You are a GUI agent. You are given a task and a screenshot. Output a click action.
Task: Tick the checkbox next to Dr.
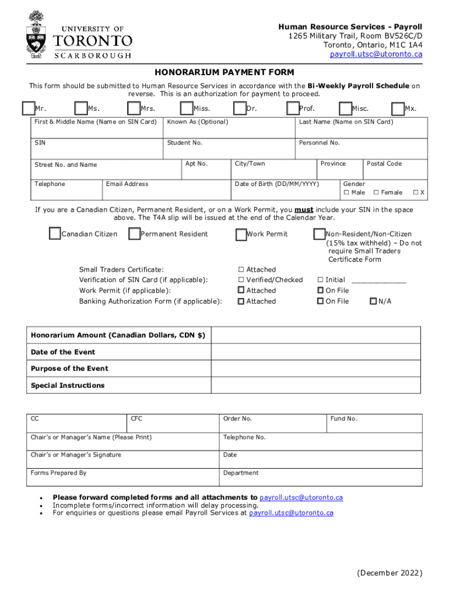tap(240, 108)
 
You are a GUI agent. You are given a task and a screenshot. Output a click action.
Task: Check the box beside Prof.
tap(293, 108)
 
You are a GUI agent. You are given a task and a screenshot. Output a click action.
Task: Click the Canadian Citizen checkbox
tap(55, 234)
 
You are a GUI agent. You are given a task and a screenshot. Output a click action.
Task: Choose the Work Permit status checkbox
tap(241, 234)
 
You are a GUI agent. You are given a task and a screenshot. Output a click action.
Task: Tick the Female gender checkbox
tap(376, 192)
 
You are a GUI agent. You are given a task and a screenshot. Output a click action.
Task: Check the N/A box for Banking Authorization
tap(373, 301)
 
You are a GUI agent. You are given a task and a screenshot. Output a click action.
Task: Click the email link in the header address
tap(376, 54)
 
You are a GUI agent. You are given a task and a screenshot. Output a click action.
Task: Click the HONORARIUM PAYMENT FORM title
tap(224, 72)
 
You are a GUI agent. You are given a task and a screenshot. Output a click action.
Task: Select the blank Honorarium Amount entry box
tap(317, 335)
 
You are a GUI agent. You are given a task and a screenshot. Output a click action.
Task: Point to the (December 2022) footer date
tap(389, 573)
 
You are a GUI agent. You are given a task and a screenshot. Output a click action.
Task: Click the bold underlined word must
tap(304, 210)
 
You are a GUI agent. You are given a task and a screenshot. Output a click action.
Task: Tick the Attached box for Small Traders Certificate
tap(241, 270)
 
